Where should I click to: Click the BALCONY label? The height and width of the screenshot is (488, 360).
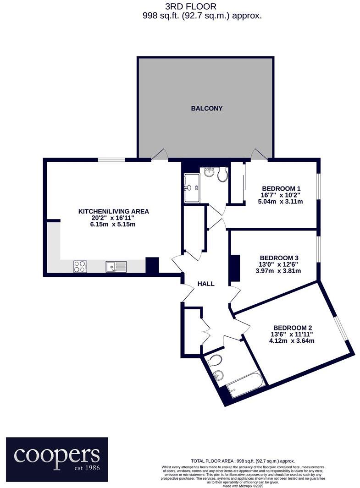point(207,109)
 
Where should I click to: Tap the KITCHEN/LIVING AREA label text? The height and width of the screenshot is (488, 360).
point(114,212)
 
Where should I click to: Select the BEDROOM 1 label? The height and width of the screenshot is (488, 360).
point(281,188)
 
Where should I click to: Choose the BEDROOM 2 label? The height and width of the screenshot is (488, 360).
point(293,328)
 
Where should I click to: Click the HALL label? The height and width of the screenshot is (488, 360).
point(206,284)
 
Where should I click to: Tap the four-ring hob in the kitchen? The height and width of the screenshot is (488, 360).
point(80,266)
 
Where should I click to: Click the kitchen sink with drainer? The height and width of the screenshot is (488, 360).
point(116,266)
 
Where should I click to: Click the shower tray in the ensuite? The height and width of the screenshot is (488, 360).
point(191,188)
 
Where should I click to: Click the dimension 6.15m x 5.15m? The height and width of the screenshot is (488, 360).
point(114,225)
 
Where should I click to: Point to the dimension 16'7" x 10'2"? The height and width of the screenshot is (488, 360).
point(281,195)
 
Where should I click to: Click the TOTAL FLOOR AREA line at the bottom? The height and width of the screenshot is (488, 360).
point(243,461)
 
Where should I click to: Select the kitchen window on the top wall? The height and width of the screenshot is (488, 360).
point(111,159)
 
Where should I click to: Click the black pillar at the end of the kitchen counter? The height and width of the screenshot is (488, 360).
point(152,265)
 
